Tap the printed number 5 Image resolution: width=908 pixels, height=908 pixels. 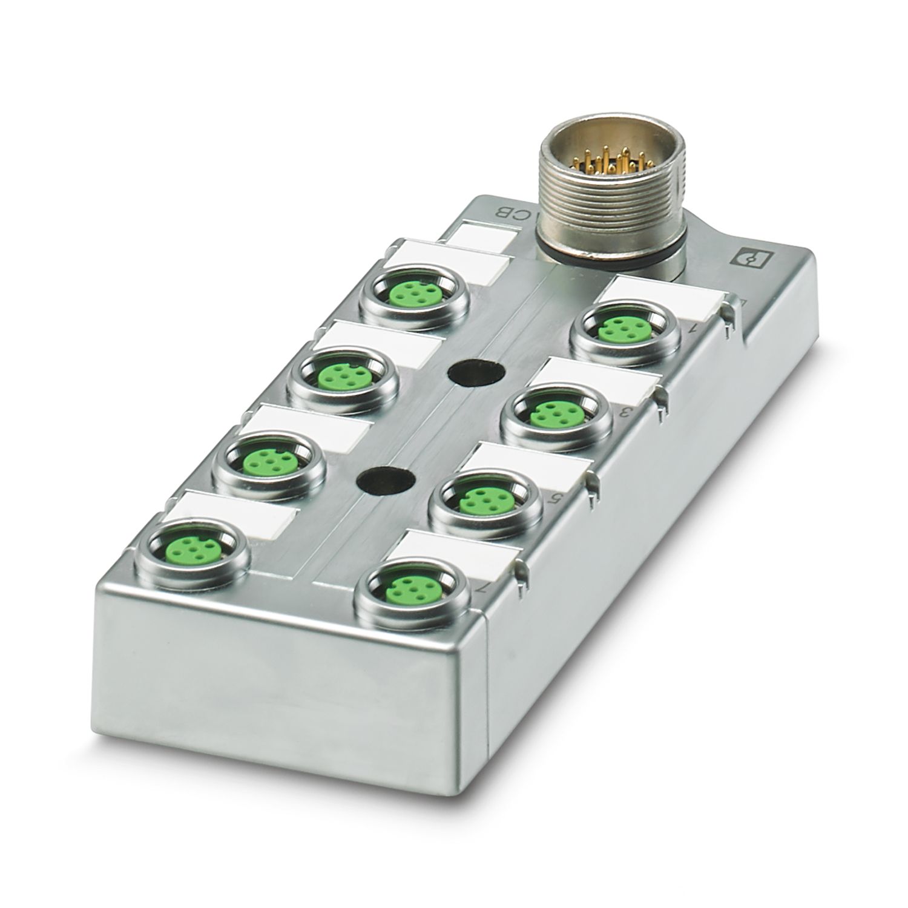(x=552, y=499)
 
